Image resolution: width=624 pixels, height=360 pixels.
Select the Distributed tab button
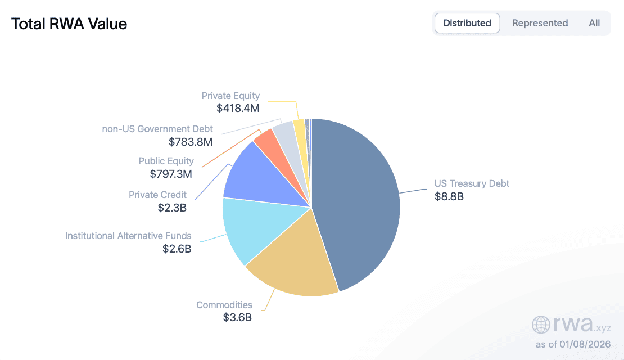click(467, 23)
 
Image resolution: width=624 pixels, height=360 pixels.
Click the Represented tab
click(540, 23)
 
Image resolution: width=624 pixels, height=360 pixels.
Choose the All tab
click(594, 23)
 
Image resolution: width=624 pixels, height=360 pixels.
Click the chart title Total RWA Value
click(69, 24)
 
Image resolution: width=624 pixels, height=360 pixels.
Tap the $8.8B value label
click(449, 197)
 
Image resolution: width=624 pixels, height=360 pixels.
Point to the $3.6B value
click(237, 318)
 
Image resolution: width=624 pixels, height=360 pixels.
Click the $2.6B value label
click(177, 249)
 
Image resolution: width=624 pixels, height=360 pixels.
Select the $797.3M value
click(171, 174)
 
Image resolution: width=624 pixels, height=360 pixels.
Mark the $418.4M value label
click(238, 109)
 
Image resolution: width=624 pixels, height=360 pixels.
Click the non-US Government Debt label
click(157, 129)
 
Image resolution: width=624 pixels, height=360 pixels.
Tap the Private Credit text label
click(157, 195)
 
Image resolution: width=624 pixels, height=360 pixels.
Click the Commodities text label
click(224, 305)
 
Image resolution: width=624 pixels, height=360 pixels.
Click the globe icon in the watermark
click(541, 325)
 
